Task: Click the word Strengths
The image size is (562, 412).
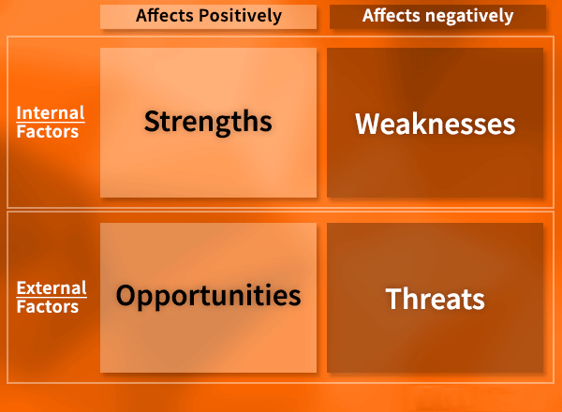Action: [208, 122]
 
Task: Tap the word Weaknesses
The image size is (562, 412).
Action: [436, 124]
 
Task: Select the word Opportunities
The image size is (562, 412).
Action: [208, 296]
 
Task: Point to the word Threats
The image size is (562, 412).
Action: [436, 299]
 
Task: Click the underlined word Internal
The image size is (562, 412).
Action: [51, 113]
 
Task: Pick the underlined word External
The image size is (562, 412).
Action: [52, 287]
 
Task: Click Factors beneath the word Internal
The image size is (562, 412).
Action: [48, 131]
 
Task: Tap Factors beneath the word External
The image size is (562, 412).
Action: [48, 306]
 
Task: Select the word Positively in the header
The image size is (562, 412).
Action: [240, 16]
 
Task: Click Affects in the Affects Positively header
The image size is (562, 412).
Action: [165, 15]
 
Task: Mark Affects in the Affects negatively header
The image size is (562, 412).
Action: [391, 15]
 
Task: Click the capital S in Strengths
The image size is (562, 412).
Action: [152, 121]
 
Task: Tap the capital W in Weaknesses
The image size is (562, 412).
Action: [368, 124]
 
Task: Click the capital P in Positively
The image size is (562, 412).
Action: [204, 15]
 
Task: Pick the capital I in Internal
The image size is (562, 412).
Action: [19, 113]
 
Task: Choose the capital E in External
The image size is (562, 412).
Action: [22, 288]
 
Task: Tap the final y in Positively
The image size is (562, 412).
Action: [276, 18]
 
